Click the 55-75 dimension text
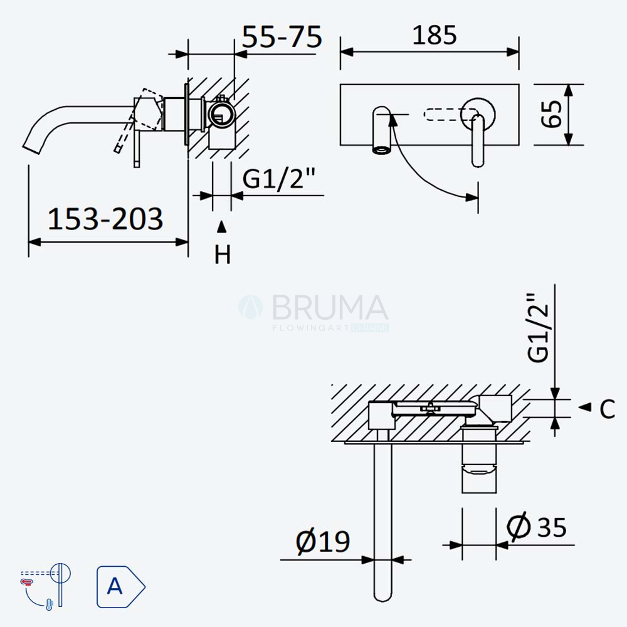coord(282,37)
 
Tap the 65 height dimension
coord(551,114)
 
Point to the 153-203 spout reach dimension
coord(105,219)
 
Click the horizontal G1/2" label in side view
coord(279,178)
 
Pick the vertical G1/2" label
coord(537,328)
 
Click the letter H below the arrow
coord(223,255)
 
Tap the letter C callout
coord(608,409)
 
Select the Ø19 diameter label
coord(323,542)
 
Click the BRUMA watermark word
coord(330,307)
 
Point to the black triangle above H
coord(221,227)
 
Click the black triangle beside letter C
coord(585,407)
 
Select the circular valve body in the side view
coord(221,114)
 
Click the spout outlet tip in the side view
coord(31,149)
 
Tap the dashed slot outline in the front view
coord(451,114)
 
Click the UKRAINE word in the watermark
coord(370,328)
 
